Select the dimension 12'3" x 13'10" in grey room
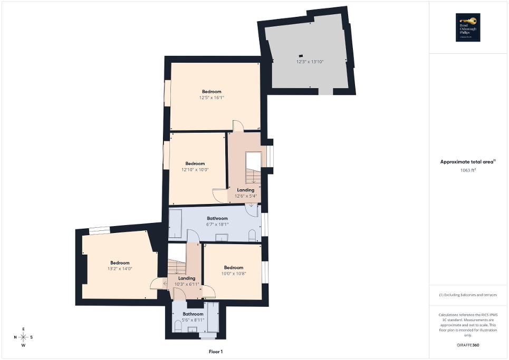click(310, 62)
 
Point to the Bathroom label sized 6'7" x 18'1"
click(217, 218)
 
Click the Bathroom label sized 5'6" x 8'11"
click(193, 314)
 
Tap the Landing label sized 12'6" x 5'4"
click(245, 190)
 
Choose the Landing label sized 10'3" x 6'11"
click(187, 278)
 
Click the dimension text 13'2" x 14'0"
click(120, 269)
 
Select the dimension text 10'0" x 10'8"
click(233, 274)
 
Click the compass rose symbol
click(24, 337)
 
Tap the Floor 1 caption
click(216, 352)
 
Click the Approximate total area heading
click(468, 162)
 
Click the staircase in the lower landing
click(177, 266)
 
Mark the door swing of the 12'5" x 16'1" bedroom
click(238, 125)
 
